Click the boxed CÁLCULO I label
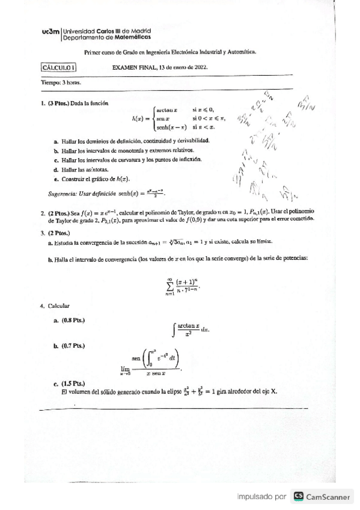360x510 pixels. click(58, 68)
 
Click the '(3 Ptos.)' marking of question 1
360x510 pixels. click(59, 103)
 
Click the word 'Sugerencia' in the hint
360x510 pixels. click(62, 194)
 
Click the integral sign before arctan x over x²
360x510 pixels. click(174, 328)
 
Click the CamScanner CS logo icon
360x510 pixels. click(298, 497)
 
